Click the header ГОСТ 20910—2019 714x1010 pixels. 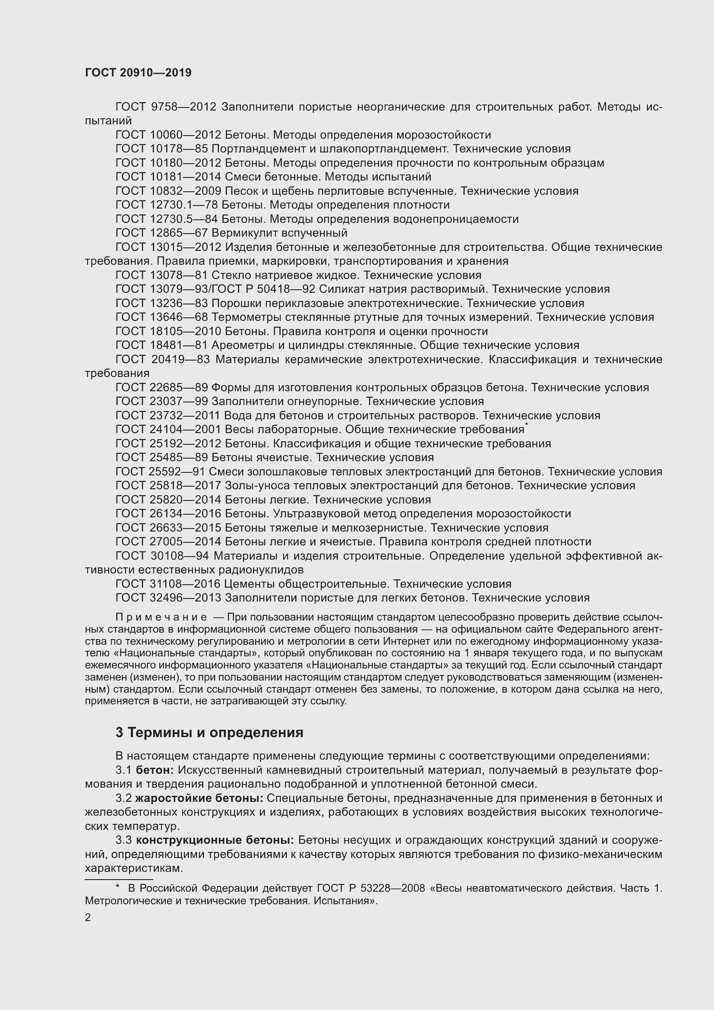(138, 73)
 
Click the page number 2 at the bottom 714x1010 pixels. (88, 918)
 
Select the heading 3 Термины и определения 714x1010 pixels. (209, 732)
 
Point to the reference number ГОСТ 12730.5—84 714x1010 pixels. (167, 219)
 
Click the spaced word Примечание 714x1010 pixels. (161, 617)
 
